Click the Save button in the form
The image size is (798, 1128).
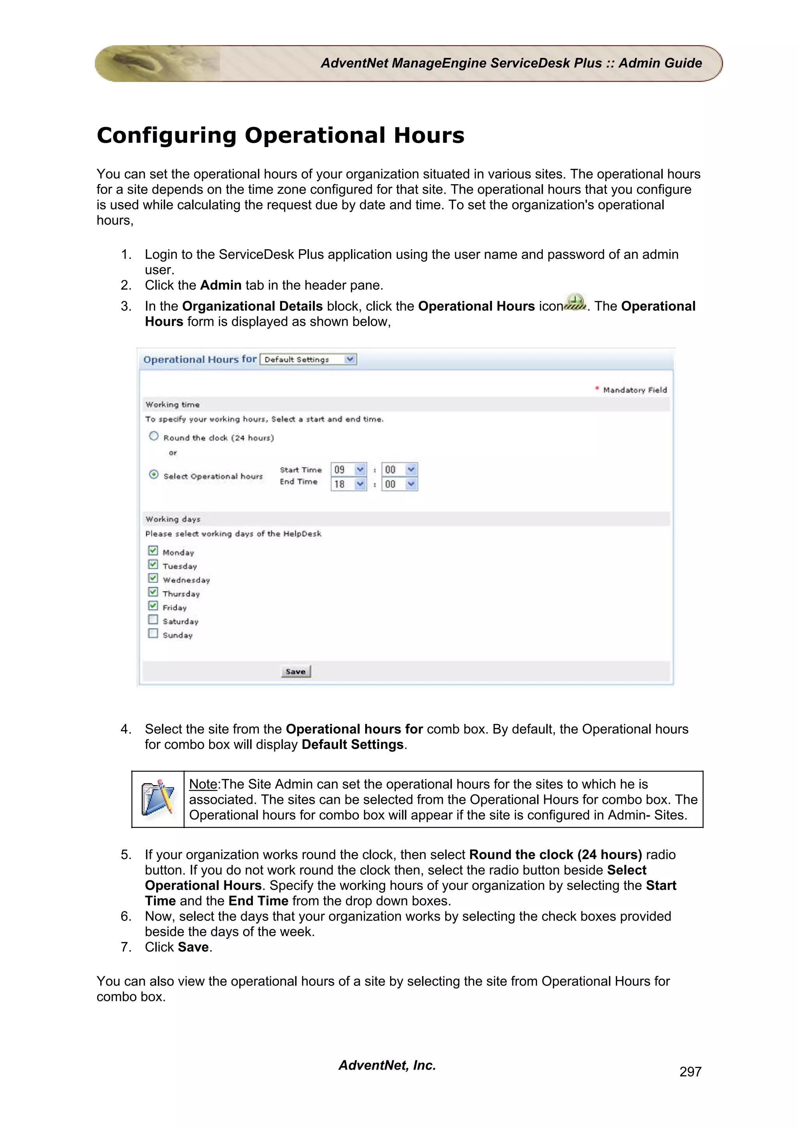pyautogui.click(x=295, y=671)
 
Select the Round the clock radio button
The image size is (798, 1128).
pyautogui.click(x=154, y=436)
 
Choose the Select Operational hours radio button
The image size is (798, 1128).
pyautogui.click(x=154, y=474)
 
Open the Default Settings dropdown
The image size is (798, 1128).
pyautogui.click(x=308, y=359)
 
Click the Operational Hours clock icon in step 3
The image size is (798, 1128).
pyautogui.click(x=575, y=302)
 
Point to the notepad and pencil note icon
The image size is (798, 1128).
pyautogui.click(x=158, y=799)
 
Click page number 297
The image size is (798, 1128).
pyautogui.click(x=690, y=1072)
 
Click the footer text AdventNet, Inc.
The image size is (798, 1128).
pyautogui.click(x=387, y=1065)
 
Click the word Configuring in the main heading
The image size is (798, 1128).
pyautogui.click(x=166, y=135)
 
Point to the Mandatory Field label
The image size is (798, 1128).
pyautogui.click(x=634, y=390)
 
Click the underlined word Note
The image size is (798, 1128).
pyautogui.click(x=203, y=784)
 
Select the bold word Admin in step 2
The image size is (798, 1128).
pyautogui.click(x=221, y=285)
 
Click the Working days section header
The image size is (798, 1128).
pyautogui.click(x=173, y=519)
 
